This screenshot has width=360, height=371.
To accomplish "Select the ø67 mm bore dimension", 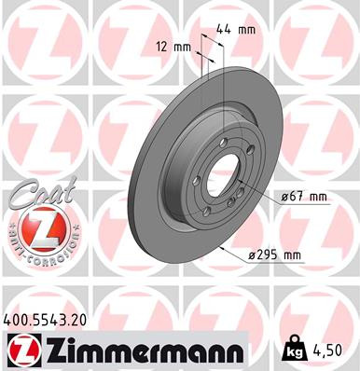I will coord(304,197).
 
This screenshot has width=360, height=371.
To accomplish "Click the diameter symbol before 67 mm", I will coord(284,197).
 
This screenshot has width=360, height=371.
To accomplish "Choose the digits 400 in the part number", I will coord(18,318).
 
